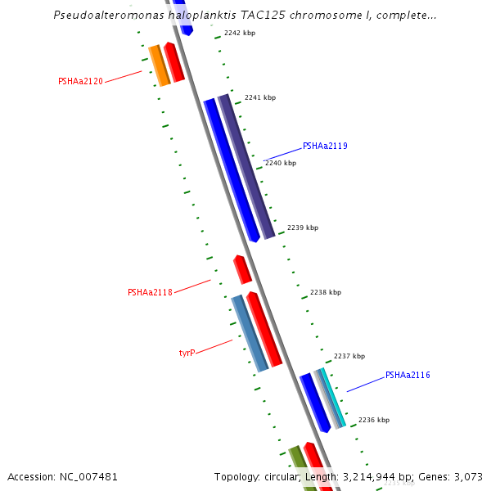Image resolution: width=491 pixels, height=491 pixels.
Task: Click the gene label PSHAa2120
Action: (x=80, y=81)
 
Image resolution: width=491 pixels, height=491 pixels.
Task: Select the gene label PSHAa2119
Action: (x=325, y=146)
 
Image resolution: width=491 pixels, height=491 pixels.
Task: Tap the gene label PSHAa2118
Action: (x=150, y=292)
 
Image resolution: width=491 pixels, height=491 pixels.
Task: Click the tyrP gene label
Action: (x=187, y=353)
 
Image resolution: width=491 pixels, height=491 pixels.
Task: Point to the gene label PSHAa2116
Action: (x=408, y=376)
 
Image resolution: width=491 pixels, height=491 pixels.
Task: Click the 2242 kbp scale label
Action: (x=239, y=34)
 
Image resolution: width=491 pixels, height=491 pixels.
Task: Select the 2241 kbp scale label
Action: (x=260, y=97)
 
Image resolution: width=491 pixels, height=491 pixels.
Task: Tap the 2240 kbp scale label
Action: (x=281, y=163)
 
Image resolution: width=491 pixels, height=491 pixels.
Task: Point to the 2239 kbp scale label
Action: (x=302, y=227)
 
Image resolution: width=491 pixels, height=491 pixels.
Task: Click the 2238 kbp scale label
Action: (x=325, y=292)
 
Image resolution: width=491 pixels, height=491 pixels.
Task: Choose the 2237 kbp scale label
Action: (x=349, y=356)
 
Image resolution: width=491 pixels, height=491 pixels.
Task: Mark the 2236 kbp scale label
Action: (x=373, y=420)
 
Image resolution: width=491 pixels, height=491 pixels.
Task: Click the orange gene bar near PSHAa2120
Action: (x=159, y=65)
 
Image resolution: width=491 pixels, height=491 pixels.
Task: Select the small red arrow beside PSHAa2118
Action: (x=242, y=269)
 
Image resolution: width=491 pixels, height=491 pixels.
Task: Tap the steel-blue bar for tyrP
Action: (x=250, y=333)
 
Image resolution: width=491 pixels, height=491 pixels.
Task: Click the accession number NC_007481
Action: (x=62, y=476)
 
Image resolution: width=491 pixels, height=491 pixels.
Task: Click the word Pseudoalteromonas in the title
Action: (x=105, y=15)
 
